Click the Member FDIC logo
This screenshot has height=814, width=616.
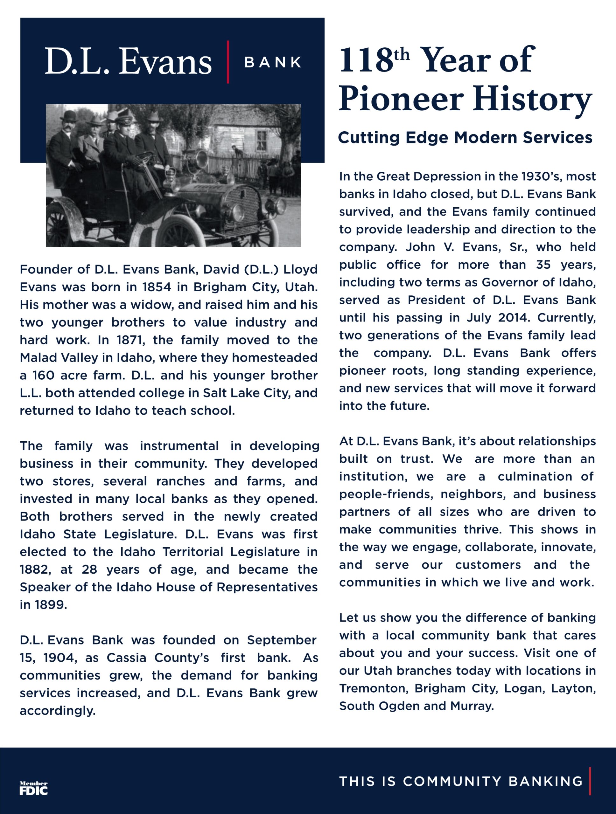point(33,788)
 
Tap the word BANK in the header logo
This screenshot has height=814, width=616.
point(273,62)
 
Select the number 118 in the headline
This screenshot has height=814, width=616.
point(366,60)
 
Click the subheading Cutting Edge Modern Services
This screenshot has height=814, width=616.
point(465,138)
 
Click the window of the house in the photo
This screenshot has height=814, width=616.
point(262,140)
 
